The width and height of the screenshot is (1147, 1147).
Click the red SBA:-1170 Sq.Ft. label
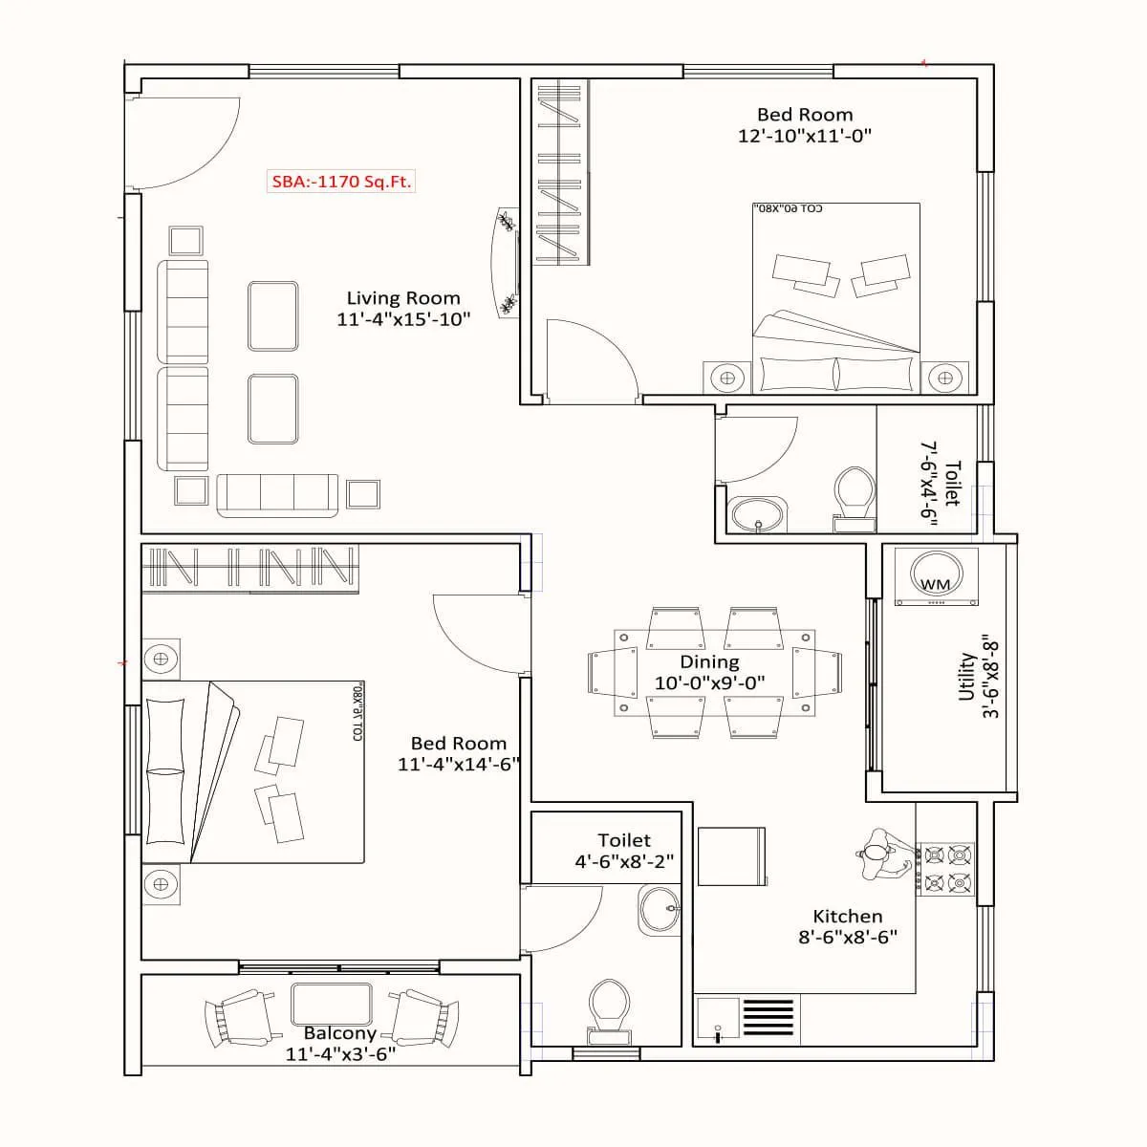pyautogui.click(x=341, y=182)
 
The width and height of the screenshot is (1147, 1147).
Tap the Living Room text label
pyautogui.click(x=402, y=298)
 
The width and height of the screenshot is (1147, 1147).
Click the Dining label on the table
pyautogui.click(x=709, y=661)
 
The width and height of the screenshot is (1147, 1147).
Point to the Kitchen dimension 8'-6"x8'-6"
pyautogui.click(x=848, y=938)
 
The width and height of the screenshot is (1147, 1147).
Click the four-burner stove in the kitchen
pyautogui.click(x=945, y=868)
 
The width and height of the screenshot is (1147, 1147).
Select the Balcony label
pyautogui.click(x=339, y=1033)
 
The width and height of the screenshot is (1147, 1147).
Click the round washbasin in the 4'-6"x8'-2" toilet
pyautogui.click(x=659, y=909)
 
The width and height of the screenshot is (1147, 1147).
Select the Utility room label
pyautogui.click(x=966, y=677)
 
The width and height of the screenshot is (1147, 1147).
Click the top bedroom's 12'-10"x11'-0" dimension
pyautogui.click(x=805, y=136)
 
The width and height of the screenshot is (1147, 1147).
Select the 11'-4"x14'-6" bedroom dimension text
pyautogui.click(x=459, y=765)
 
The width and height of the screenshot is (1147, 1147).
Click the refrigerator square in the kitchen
pyautogui.click(x=731, y=856)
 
